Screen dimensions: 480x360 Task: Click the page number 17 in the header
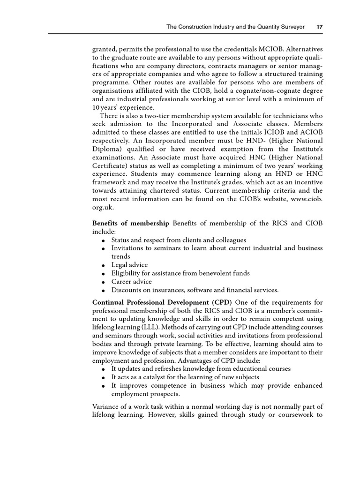[x=319, y=27]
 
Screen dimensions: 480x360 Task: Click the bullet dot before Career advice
[x=103, y=282]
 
